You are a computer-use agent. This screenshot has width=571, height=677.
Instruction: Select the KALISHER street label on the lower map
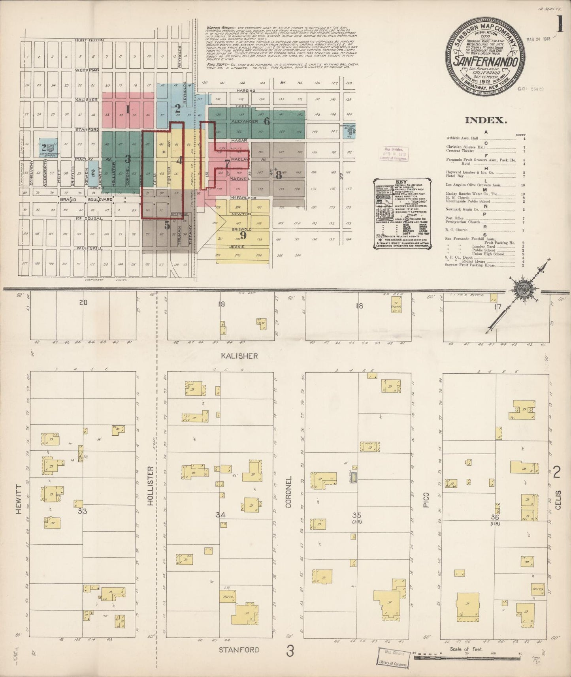(x=239, y=356)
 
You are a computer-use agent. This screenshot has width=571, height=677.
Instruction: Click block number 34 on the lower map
(x=220, y=514)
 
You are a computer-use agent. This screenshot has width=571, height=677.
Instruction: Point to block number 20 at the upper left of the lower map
(x=83, y=303)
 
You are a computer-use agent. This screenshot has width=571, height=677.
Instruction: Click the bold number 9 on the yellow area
(x=243, y=235)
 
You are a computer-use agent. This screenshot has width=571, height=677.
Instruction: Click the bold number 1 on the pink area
(x=128, y=109)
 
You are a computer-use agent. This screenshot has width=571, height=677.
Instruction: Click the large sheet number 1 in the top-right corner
(x=560, y=25)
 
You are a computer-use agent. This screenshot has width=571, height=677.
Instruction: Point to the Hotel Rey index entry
(x=456, y=176)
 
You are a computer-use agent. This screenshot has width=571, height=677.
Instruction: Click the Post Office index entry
(x=454, y=218)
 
